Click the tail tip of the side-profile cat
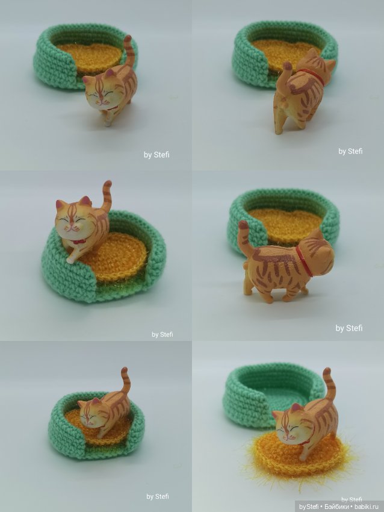[x=243, y=225]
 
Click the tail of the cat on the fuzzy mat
[x=327, y=386]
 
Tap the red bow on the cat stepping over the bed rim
[x=78, y=241]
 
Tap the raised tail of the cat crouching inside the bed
[x=125, y=379]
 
